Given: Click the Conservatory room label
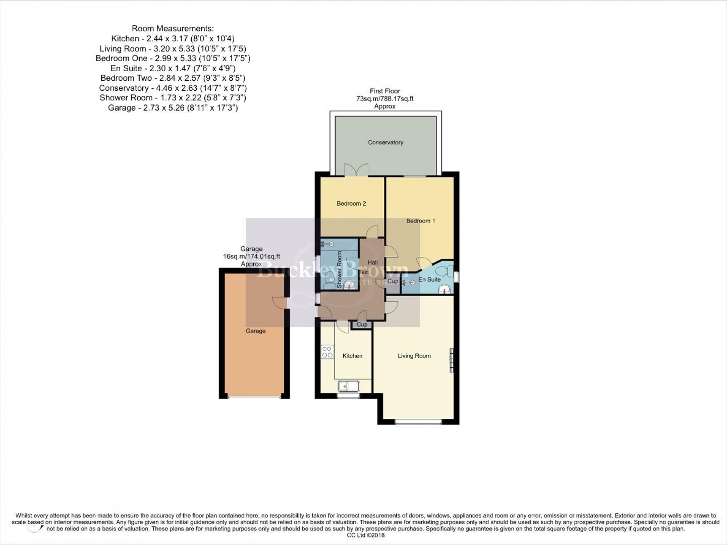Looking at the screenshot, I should coord(385,142).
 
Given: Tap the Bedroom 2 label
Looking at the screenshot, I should coord(351,204).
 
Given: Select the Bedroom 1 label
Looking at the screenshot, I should coord(421,221).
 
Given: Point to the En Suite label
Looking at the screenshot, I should coord(429,279).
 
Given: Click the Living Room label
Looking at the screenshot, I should coord(414,356).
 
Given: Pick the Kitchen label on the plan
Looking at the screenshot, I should coord(352,356).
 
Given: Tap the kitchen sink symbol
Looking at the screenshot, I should coord(348,386).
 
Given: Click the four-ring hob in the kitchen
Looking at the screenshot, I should coord(327,352).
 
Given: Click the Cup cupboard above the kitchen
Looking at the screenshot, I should coord(362,325).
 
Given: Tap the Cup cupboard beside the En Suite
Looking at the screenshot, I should coord(393,282).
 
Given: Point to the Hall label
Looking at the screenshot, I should coord(372,263).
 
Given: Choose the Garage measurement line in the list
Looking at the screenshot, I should coord(173,108).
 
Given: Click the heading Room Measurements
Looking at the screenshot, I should coord(173,28).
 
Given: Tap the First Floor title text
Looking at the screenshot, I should coord(385,91).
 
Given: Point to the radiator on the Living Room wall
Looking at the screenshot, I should coord(451,360).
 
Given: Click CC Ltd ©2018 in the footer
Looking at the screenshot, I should coord(363,535).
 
